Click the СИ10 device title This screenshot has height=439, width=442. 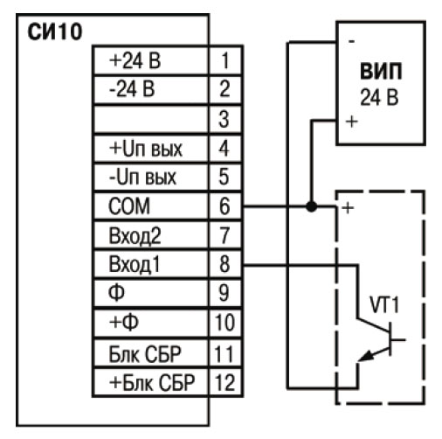(55, 31)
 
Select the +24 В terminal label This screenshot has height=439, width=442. (135, 60)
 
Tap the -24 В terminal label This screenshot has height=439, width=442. (132, 89)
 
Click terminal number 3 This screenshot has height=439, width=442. (224, 119)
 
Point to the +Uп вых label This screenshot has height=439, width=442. (146, 149)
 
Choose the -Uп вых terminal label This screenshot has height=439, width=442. (142, 177)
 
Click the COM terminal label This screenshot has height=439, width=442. (129, 206)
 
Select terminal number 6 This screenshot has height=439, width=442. (224, 206)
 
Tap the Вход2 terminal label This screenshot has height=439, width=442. (135, 235)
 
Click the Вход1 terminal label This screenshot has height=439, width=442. (135, 264)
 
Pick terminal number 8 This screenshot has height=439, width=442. (224, 264)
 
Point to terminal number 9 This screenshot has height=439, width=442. (224, 293)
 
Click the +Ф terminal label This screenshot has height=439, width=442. (123, 322)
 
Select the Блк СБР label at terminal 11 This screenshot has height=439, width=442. (145, 353)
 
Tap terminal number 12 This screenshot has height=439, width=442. (224, 382)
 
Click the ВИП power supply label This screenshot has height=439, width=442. (381, 71)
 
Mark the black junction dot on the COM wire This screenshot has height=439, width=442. (311, 206)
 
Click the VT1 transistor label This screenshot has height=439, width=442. (384, 305)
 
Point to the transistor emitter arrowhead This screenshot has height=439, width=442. (365, 356)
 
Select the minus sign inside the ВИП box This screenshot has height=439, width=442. (352, 42)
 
